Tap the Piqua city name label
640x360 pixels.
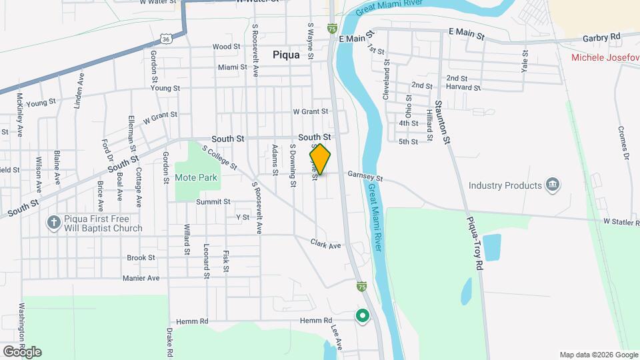pos(286,56)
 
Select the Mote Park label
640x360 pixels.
pos(196,178)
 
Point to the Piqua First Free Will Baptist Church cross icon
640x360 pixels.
pos(54,223)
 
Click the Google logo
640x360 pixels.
pos(22,351)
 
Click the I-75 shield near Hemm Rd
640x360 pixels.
pos(361,287)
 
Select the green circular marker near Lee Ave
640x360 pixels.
pos(363,316)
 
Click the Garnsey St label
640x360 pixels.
pos(365,177)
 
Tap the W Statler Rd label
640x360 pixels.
pos(621,221)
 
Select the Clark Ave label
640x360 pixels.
pos(325,245)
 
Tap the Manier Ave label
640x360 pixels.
pos(141,278)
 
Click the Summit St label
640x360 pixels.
pos(213,201)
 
